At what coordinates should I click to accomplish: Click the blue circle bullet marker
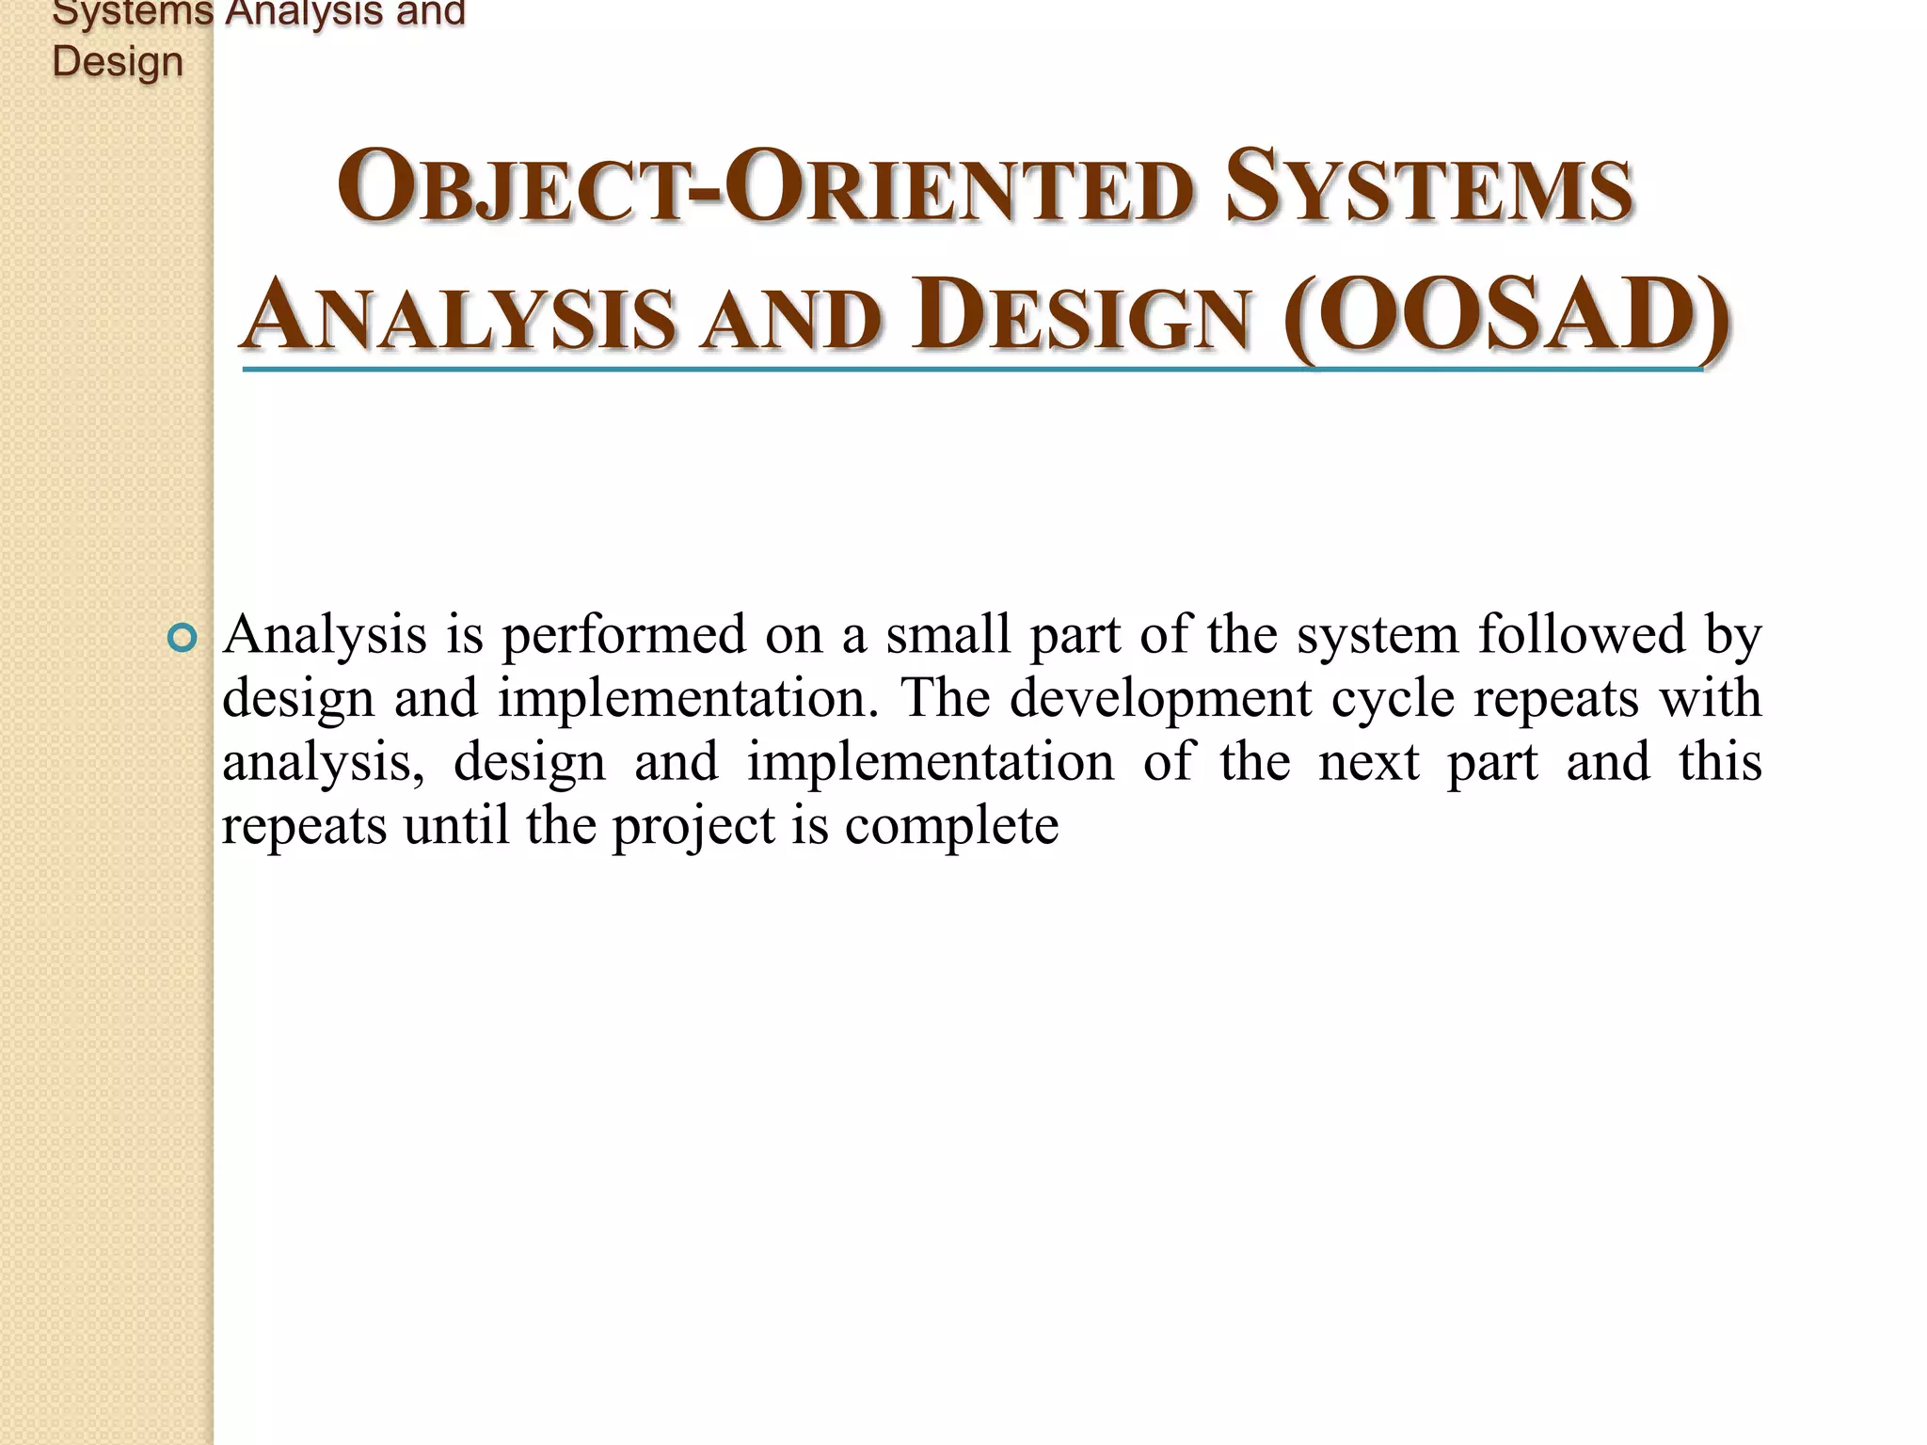pyautogui.click(x=182, y=639)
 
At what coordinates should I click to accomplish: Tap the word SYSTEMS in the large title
pyautogui.click(x=1429, y=188)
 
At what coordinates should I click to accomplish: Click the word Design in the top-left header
pyautogui.click(x=118, y=61)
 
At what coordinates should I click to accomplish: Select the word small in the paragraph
pyautogui.click(x=948, y=635)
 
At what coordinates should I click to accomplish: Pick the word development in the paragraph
pyautogui.click(x=1160, y=699)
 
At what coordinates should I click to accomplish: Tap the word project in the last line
pyautogui.click(x=693, y=828)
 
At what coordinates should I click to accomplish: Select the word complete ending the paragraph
pyautogui.click(x=951, y=828)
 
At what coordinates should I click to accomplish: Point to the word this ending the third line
pyautogui.click(x=1720, y=762)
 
